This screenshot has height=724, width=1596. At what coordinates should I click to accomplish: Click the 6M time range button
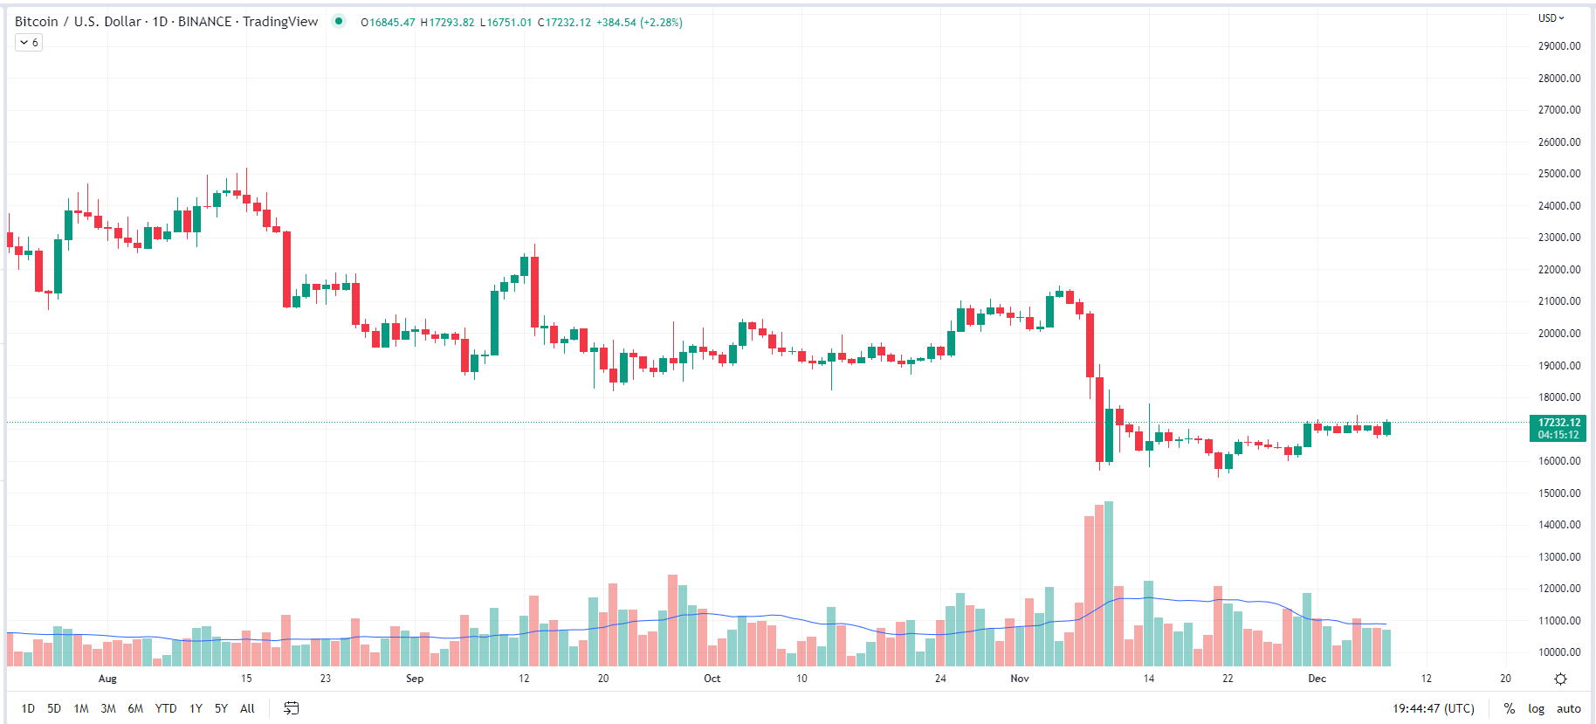point(135,708)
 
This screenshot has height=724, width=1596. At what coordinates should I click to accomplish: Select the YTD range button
point(166,708)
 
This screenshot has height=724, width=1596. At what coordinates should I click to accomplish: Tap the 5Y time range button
point(221,708)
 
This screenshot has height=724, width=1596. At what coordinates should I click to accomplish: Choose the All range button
point(247,708)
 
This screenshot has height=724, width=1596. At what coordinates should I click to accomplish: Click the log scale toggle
point(1536,708)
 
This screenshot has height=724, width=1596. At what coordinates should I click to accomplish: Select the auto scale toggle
point(1568,708)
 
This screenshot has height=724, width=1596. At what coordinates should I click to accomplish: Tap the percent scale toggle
point(1509,708)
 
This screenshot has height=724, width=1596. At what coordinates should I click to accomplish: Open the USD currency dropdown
point(1551,17)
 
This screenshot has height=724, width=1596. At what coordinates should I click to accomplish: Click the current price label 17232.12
point(1559,423)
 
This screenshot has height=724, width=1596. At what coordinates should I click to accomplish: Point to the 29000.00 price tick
point(1559,46)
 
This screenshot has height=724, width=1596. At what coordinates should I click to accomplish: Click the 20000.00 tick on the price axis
point(1559,334)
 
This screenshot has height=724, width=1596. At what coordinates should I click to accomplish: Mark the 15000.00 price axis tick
point(1559,493)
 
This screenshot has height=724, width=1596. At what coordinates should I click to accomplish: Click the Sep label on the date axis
point(415,679)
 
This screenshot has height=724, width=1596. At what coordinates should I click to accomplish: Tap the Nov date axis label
point(1020,679)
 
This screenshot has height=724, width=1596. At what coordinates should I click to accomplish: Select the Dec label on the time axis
point(1317,679)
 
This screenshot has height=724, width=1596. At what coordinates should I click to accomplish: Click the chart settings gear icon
point(1560,679)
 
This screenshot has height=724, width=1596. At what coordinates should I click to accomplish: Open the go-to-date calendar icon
point(292,708)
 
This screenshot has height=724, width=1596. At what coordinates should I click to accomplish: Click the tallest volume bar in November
point(1109,583)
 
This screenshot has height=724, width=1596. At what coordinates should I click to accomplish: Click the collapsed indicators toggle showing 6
point(29,43)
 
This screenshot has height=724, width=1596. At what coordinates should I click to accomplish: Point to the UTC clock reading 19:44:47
point(1433,708)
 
